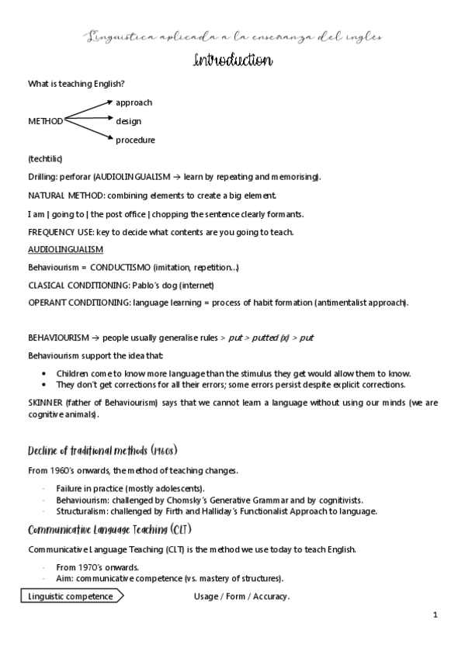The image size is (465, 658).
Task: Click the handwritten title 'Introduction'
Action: click(x=232, y=61)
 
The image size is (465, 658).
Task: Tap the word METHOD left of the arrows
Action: click(x=46, y=121)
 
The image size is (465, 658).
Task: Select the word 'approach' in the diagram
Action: click(x=134, y=102)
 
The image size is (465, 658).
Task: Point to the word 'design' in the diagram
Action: click(x=128, y=121)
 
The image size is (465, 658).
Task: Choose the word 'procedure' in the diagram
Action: click(x=135, y=140)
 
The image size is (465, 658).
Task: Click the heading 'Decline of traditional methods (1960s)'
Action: click(x=103, y=451)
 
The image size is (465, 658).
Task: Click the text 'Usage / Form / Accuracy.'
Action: click(x=241, y=597)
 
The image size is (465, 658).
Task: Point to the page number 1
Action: click(x=436, y=615)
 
